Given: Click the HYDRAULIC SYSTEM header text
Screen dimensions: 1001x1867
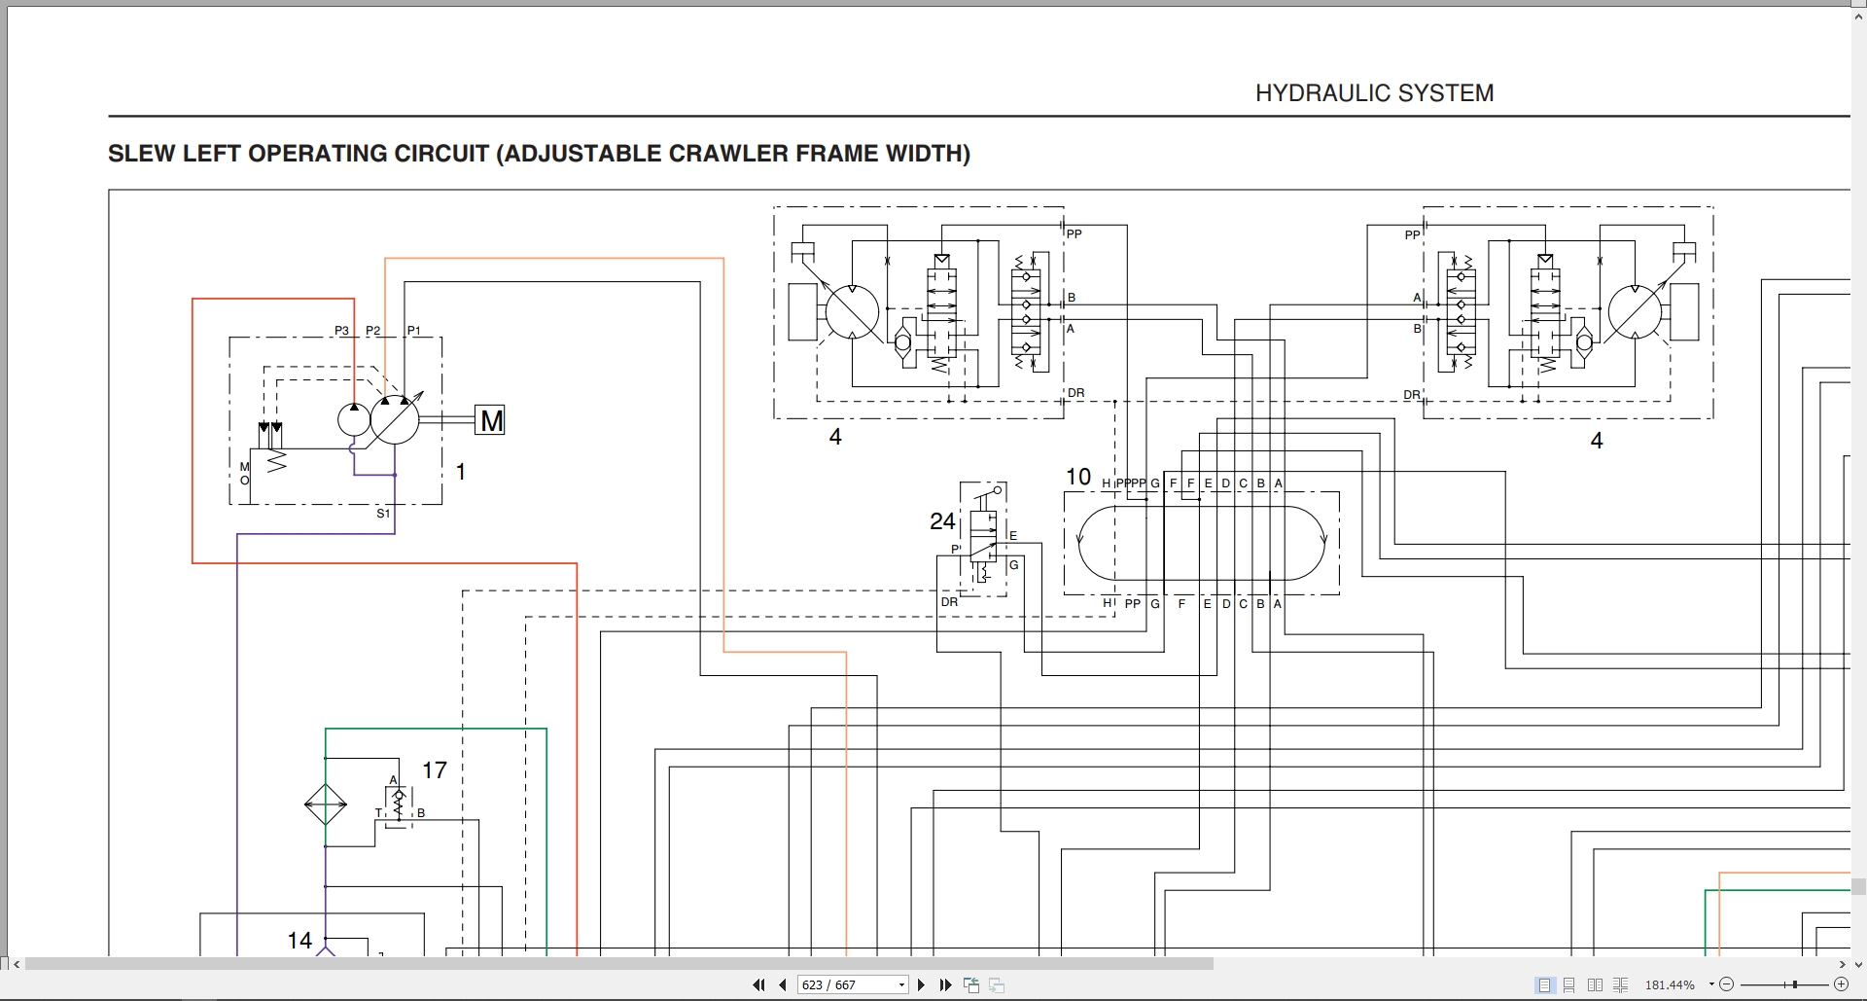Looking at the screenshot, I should coord(1374,93).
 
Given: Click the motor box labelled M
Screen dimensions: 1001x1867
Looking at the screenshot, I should coord(490,420).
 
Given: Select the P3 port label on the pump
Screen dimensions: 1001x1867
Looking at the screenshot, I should coord(341,331).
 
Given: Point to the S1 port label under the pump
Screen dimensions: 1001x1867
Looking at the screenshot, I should coord(383,514).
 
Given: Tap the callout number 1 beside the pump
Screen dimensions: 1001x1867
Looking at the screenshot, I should coord(461,472).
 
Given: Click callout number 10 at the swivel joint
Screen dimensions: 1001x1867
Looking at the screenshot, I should coord(1077,477).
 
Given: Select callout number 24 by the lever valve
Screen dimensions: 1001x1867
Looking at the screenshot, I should coord(941,521).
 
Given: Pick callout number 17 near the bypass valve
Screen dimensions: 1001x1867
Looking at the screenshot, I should coord(434,770).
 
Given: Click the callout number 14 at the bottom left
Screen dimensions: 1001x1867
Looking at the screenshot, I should coord(299,941).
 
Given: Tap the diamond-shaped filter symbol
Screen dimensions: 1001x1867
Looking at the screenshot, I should coord(326,804).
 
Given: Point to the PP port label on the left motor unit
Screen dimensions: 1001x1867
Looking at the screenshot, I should coord(1074,234).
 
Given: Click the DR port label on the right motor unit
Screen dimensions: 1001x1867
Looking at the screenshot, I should coord(1411,395).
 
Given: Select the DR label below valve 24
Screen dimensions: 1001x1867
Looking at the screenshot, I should coord(949,602).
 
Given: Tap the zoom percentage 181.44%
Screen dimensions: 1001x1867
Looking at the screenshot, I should coord(1669,984).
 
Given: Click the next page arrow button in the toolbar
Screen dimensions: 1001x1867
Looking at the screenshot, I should coord(921,984).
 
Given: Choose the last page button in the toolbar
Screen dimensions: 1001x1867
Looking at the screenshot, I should coord(945,984).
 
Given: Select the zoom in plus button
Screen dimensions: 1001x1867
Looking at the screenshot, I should coord(1840,984).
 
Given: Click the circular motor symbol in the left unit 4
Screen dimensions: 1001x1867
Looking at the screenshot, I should coord(852,311).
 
